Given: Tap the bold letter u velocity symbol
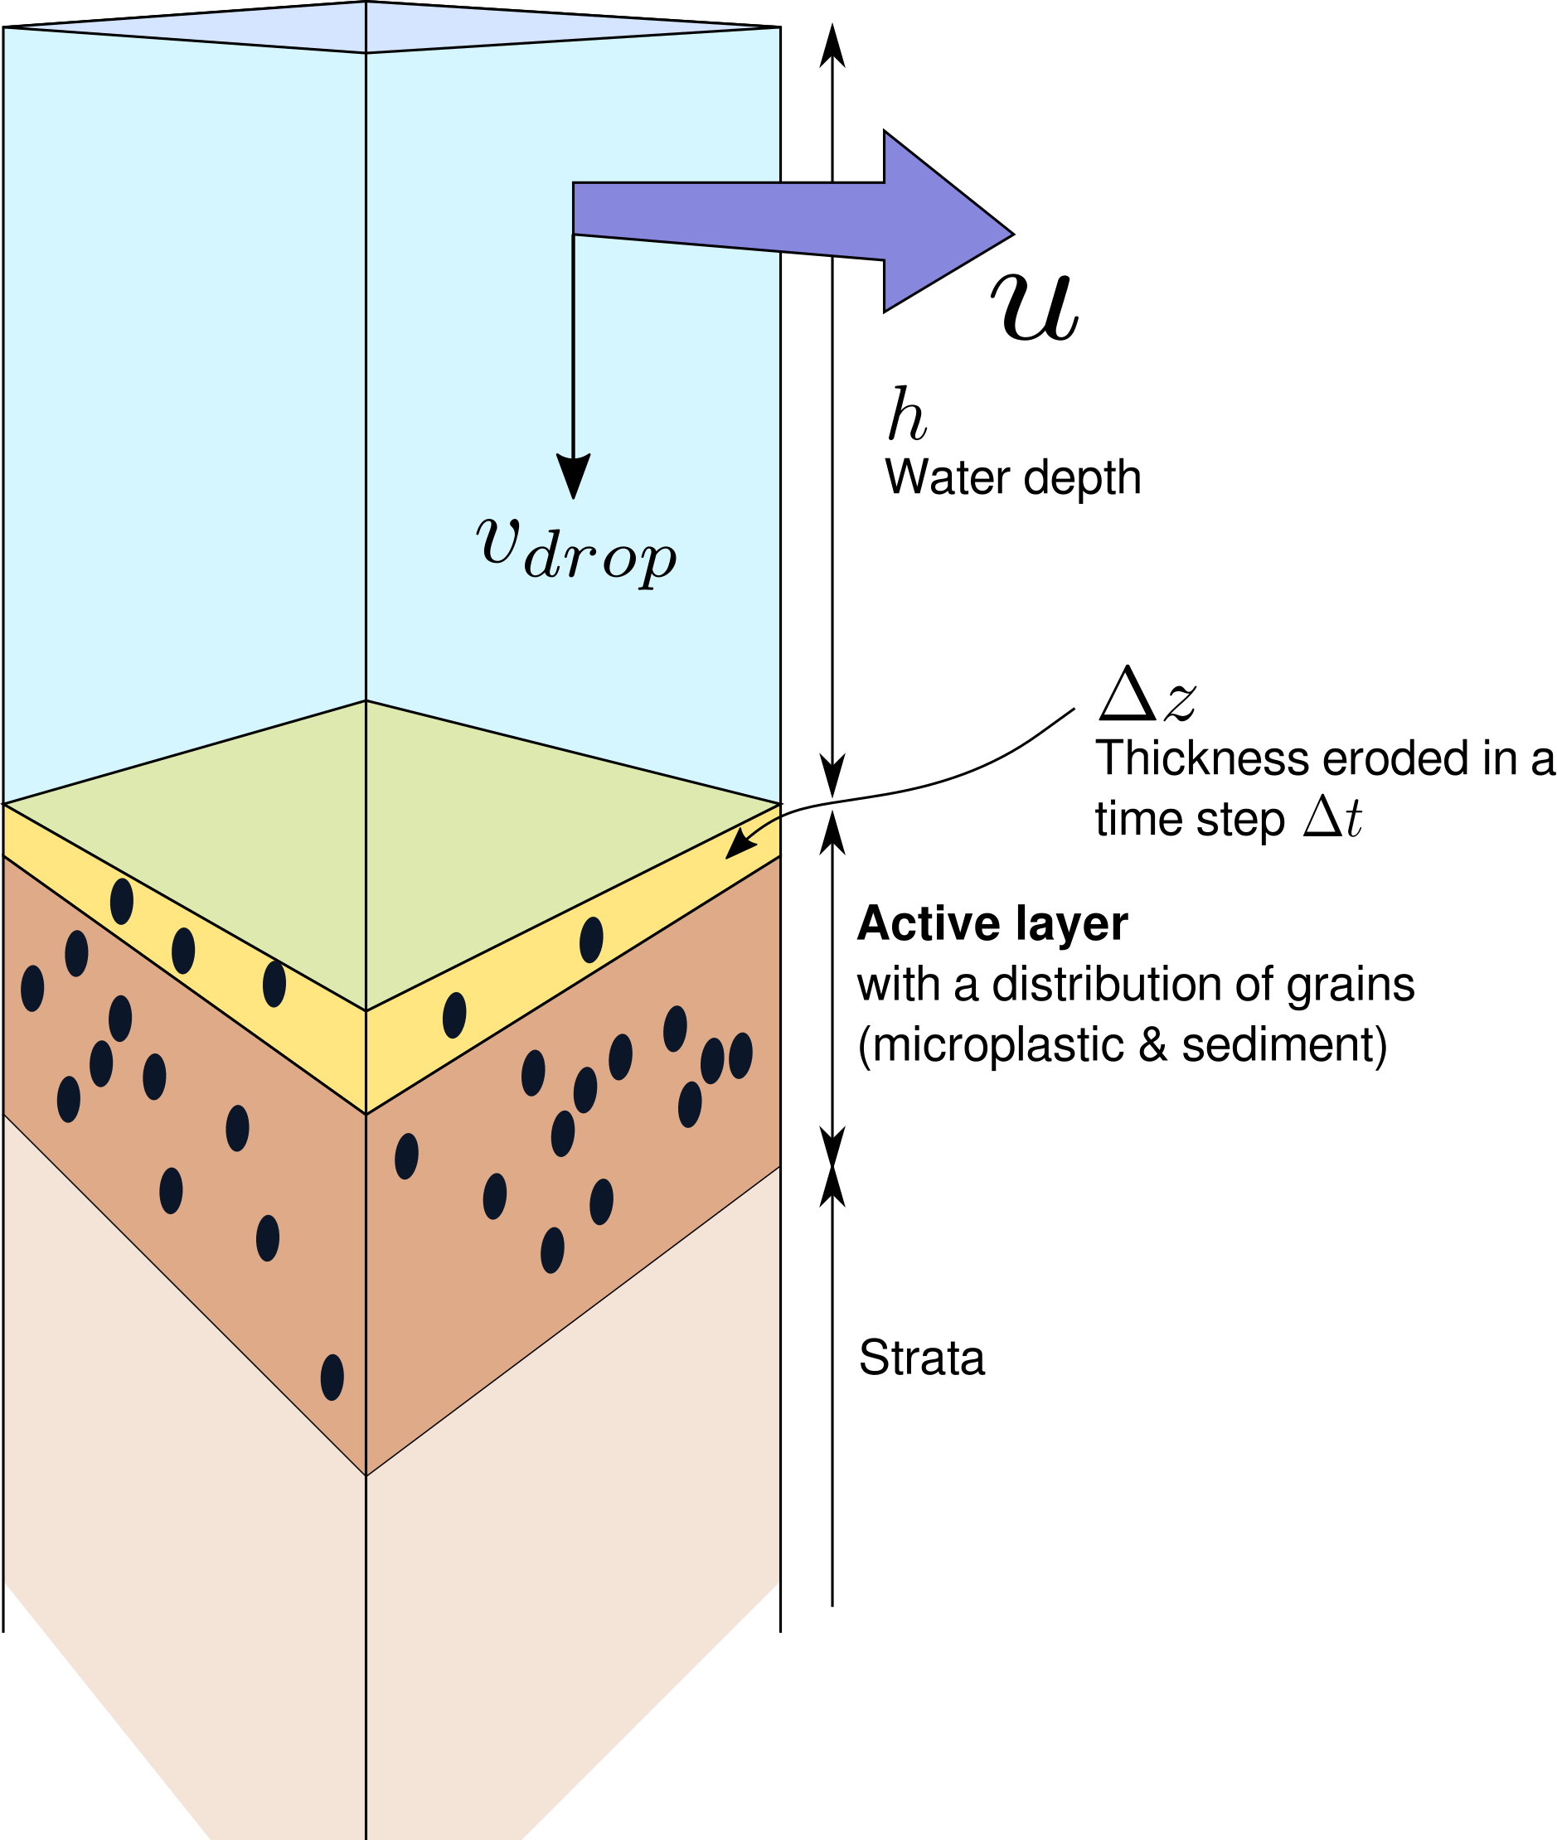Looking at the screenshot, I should [x=1036, y=305].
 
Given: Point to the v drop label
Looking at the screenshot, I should [x=576, y=548].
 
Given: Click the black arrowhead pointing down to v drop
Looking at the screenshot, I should [x=574, y=477].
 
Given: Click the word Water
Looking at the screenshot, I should [x=947, y=478].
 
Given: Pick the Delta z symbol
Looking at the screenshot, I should [x=1147, y=694].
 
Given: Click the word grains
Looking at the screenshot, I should [x=1351, y=985].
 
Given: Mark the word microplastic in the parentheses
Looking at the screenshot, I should [x=997, y=1046].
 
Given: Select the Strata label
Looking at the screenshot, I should [x=921, y=1358].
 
